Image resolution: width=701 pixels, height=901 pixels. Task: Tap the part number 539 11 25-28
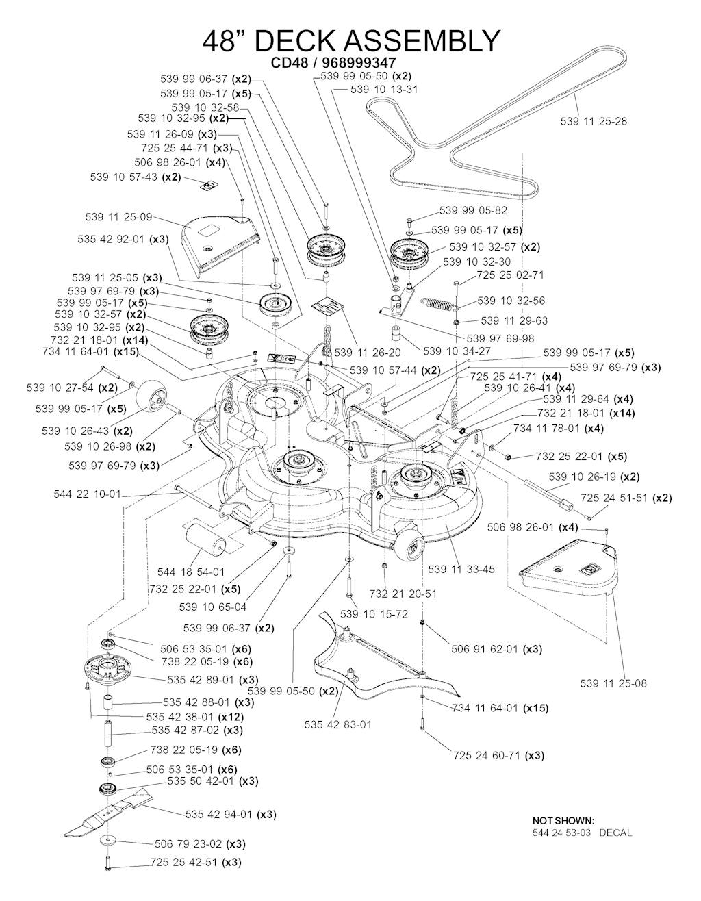594,122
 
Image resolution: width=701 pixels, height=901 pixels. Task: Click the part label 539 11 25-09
119,217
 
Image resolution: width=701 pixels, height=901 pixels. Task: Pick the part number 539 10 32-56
511,301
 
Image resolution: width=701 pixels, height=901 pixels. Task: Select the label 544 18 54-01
190,572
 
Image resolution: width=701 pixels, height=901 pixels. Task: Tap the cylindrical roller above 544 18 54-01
201,537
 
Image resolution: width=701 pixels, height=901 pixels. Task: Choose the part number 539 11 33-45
461,569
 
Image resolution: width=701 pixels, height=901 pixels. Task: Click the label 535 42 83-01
338,724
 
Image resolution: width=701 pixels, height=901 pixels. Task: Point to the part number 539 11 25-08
613,683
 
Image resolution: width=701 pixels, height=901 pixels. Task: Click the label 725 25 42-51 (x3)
195,863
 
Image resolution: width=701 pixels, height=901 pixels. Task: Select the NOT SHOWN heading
563,820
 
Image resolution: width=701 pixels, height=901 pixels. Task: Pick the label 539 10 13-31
384,90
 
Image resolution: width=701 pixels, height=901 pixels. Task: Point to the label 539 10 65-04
212,607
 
